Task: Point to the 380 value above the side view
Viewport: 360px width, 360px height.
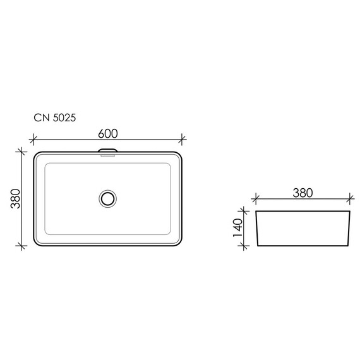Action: click(303, 193)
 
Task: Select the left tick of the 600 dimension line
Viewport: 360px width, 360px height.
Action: click(32, 140)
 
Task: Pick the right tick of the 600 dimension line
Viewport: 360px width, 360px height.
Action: click(183, 140)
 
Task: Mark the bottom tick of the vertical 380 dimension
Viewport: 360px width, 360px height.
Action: click(21, 246)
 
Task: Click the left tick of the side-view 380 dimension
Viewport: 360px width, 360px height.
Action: click(255, 200)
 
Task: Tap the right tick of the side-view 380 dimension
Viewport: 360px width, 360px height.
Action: click(351, 200)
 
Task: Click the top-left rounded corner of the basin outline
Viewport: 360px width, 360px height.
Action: click(36, 155)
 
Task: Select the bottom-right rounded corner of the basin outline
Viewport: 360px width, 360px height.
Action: click(179, 243)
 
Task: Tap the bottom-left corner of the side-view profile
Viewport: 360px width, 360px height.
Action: click(259, 246)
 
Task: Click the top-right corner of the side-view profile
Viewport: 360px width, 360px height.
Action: click(351, 211)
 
